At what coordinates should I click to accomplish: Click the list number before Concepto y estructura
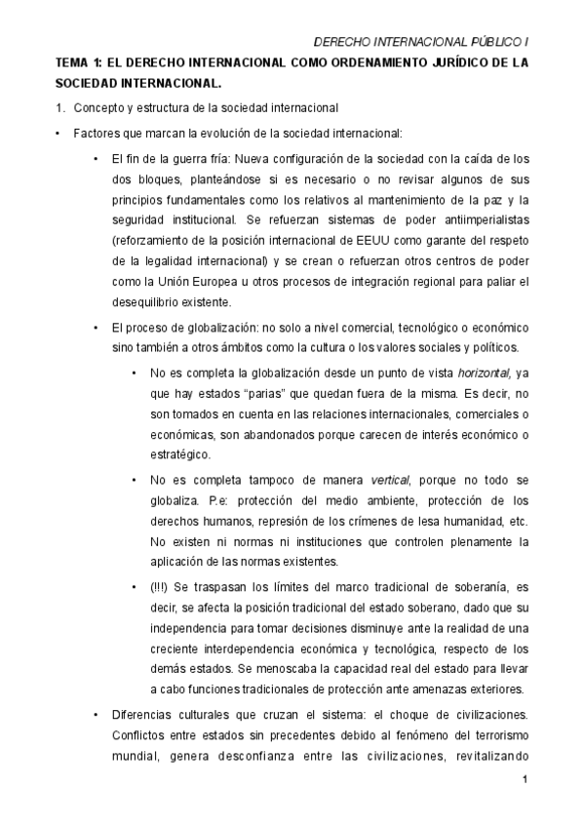(60, 106)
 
